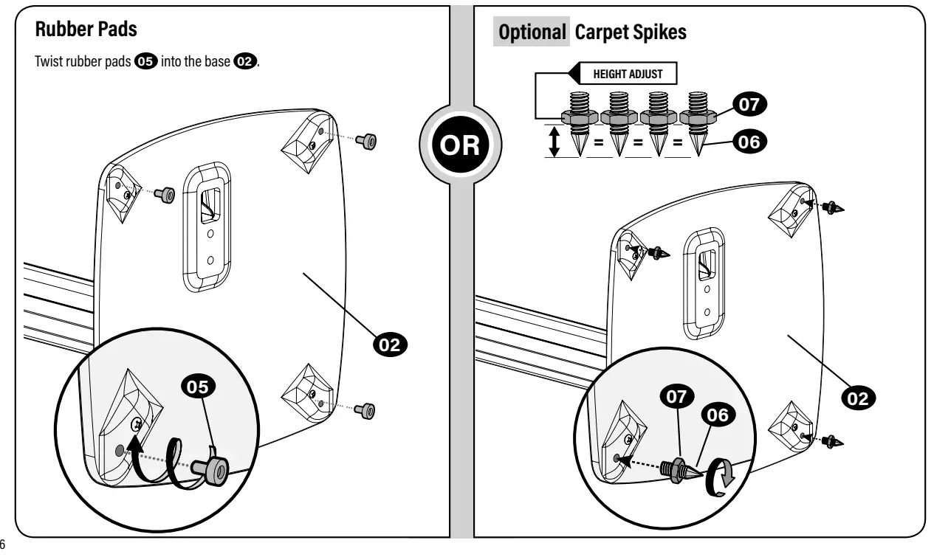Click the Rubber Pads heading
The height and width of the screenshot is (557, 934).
click(86, 30)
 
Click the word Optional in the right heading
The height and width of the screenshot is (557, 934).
click(532, 32)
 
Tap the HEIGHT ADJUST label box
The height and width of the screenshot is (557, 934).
click(628, 74)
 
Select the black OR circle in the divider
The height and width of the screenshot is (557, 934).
click(460, 145)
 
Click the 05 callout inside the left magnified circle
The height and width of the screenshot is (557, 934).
click(198, 387)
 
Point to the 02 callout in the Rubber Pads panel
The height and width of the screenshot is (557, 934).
click(390, 345)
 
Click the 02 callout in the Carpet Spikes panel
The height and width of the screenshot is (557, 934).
click(858, 398)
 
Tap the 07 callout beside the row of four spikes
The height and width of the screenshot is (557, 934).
click(749, 104)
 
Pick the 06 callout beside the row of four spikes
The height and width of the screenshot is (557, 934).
click(749, 142)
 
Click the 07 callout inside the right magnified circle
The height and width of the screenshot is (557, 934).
click(677, 396)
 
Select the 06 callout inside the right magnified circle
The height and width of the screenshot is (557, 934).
click(718, 415)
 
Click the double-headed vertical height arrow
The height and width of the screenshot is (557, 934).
click(554, 142)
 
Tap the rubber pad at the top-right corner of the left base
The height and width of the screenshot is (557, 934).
click(366, 141)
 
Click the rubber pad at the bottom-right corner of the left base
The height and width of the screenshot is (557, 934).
click(365, 411)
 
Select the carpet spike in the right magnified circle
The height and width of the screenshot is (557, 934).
click(681, 471)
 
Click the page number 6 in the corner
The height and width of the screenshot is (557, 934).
click(2, 544)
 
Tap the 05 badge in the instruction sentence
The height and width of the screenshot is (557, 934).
click(145, 61)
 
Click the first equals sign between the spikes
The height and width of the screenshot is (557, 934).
click(598, 142)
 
